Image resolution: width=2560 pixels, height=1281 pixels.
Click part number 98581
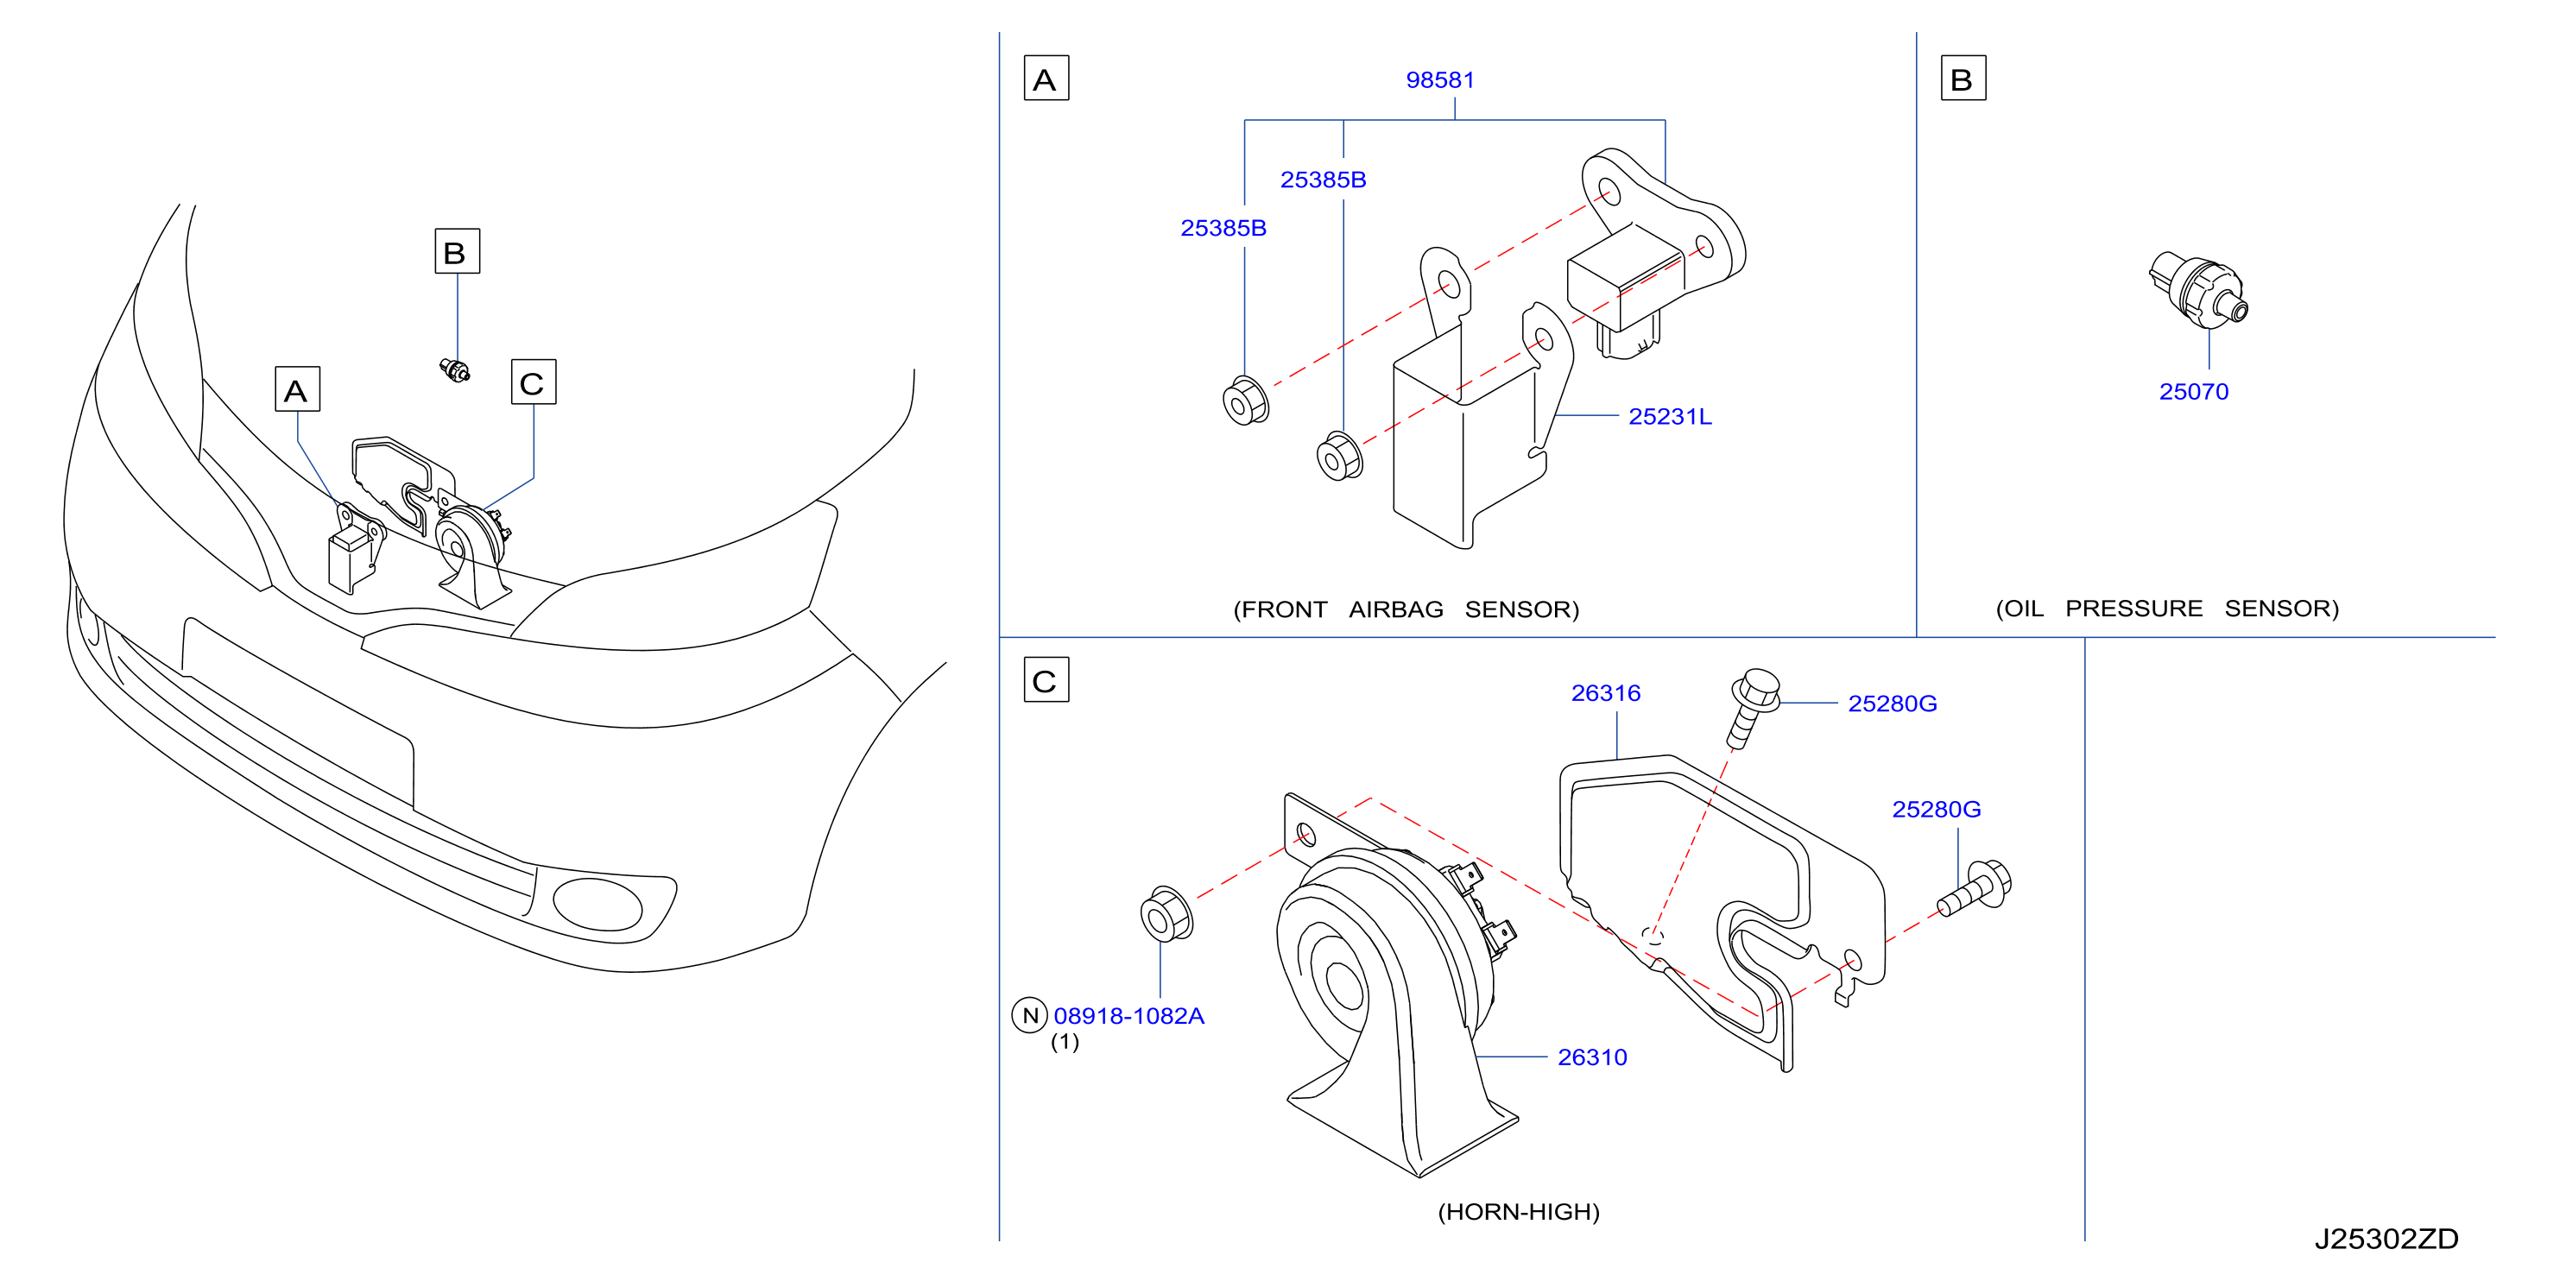(1440, 80)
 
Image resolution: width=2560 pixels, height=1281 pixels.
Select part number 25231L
(1670, 416)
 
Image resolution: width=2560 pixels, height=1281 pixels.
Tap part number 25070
(2193, 392)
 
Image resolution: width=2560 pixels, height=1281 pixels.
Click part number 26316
(1605, 692)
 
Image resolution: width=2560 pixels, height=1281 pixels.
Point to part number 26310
(1592, 1057)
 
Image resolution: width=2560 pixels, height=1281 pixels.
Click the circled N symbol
(1029, 1014)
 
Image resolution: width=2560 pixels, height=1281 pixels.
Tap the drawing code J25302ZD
(2386, 1238)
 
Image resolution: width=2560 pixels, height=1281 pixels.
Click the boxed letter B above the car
(457, 250)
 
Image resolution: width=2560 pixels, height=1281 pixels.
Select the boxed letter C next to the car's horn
(534, 382)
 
